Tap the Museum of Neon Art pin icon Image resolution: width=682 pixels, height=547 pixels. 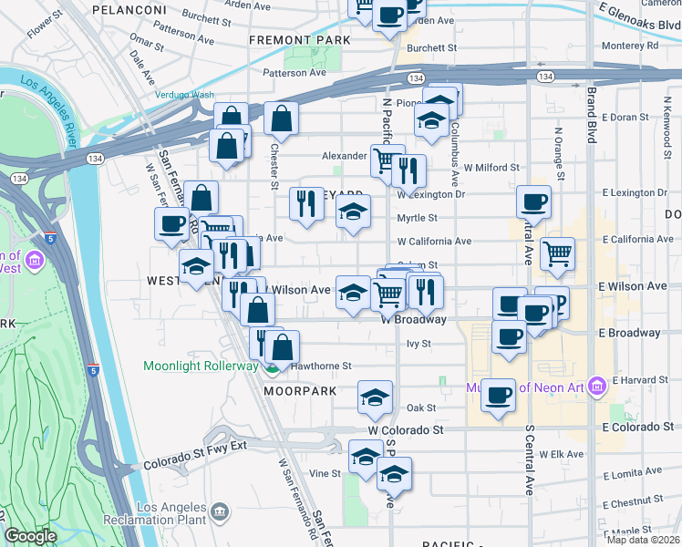tap(597, 386)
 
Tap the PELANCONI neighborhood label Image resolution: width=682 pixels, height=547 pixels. tap(129, 9)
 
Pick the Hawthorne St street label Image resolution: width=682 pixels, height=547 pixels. tap(321, 366)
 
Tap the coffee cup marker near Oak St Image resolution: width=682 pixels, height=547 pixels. tap(498, 395)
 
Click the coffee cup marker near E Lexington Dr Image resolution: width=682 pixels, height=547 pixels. tap(533, 201)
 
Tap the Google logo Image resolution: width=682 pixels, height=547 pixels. tap(30, 536)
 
